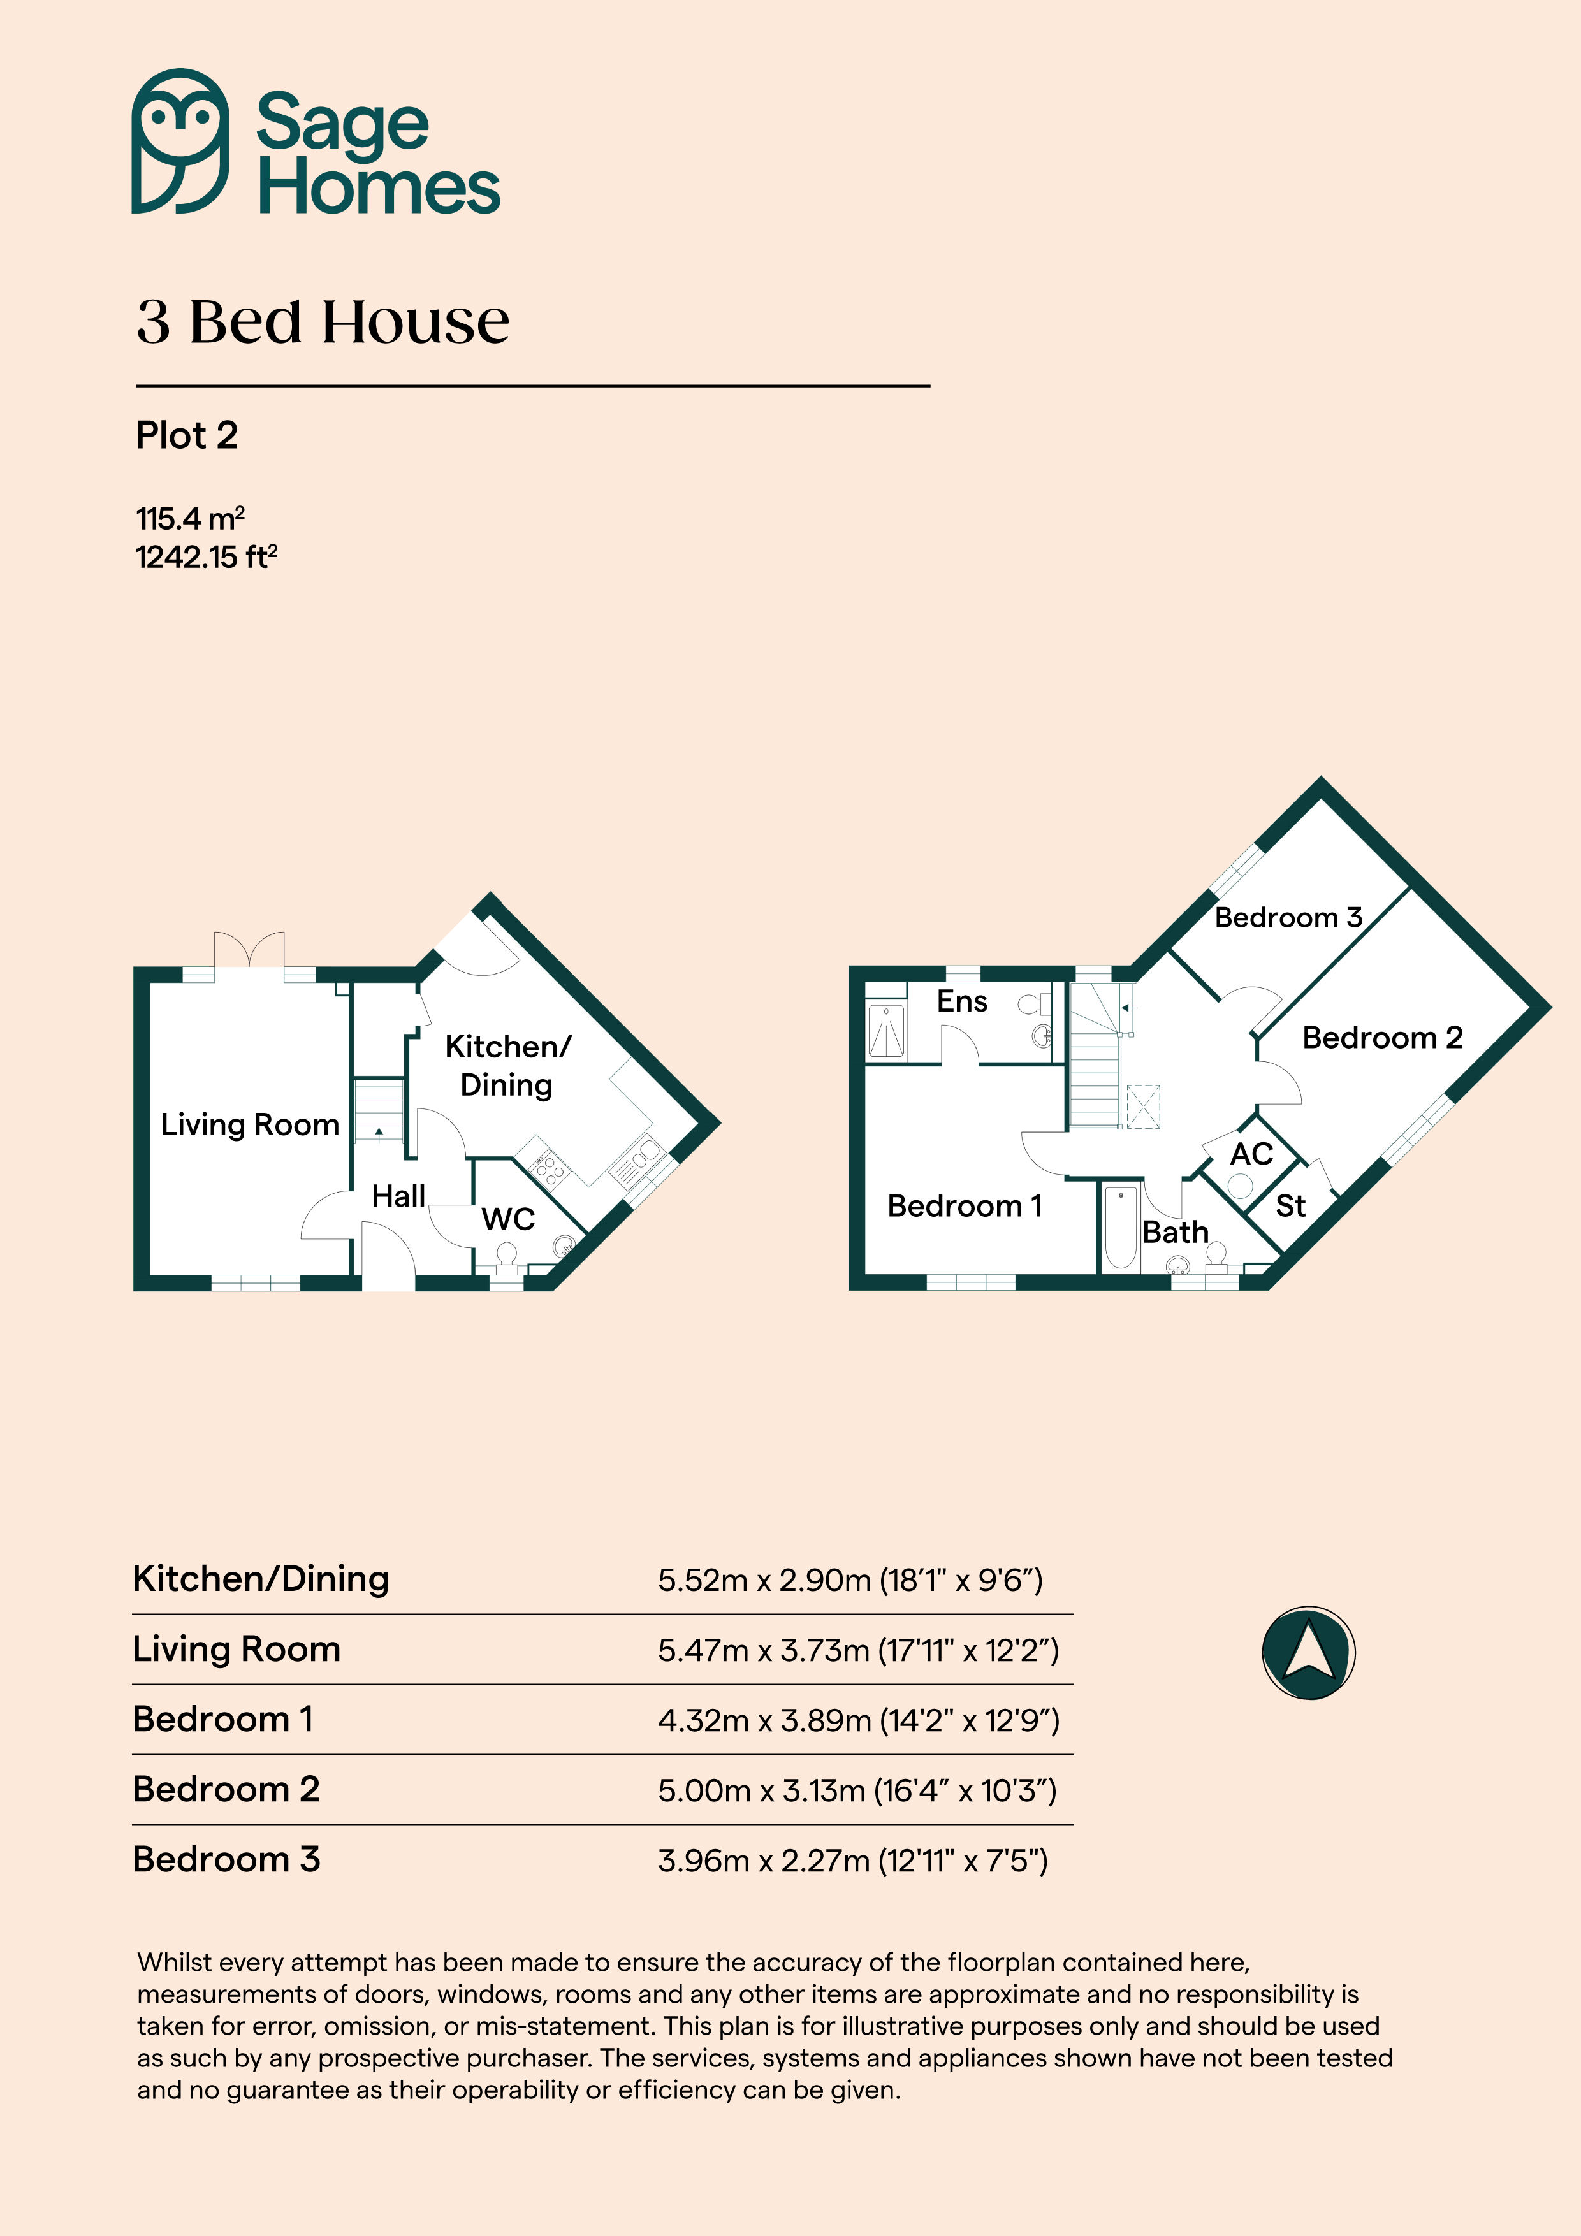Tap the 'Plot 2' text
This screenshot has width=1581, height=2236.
(x=187, y=435)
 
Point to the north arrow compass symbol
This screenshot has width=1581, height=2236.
(x=1308, y=1653)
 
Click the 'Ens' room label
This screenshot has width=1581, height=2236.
(x=961, y=1001)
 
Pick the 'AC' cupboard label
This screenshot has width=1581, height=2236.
(x=1252, y=1154)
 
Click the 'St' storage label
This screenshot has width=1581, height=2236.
(x=1291, y=1206)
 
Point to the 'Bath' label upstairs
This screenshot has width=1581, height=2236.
(x=1176, y=1233)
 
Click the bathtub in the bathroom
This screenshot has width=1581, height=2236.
(x=1121, y=1227)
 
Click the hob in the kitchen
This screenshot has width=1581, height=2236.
(x=548, y=1168)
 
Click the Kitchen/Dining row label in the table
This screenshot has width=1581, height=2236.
(x=261, y=1579)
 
